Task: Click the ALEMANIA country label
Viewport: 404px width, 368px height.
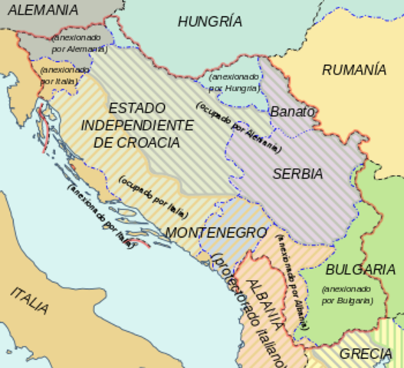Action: click(42, 10)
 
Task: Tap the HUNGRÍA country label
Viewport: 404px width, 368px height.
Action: click(209, 21)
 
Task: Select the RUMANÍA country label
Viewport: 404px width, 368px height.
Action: click(353, 70)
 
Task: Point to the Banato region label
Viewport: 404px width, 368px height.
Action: click(292, 111)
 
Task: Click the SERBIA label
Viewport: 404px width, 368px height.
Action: click(297, 174)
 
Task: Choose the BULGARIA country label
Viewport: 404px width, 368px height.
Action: click(360, 270)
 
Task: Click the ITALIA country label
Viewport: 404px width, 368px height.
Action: click(30, 301)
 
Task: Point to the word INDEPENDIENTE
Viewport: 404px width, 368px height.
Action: click(137, 125)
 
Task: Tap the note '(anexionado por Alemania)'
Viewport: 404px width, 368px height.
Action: click(79, 43)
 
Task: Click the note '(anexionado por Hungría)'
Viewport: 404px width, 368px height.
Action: click(235, 83)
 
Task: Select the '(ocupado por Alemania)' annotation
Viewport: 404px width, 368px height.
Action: click(238, 127)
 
